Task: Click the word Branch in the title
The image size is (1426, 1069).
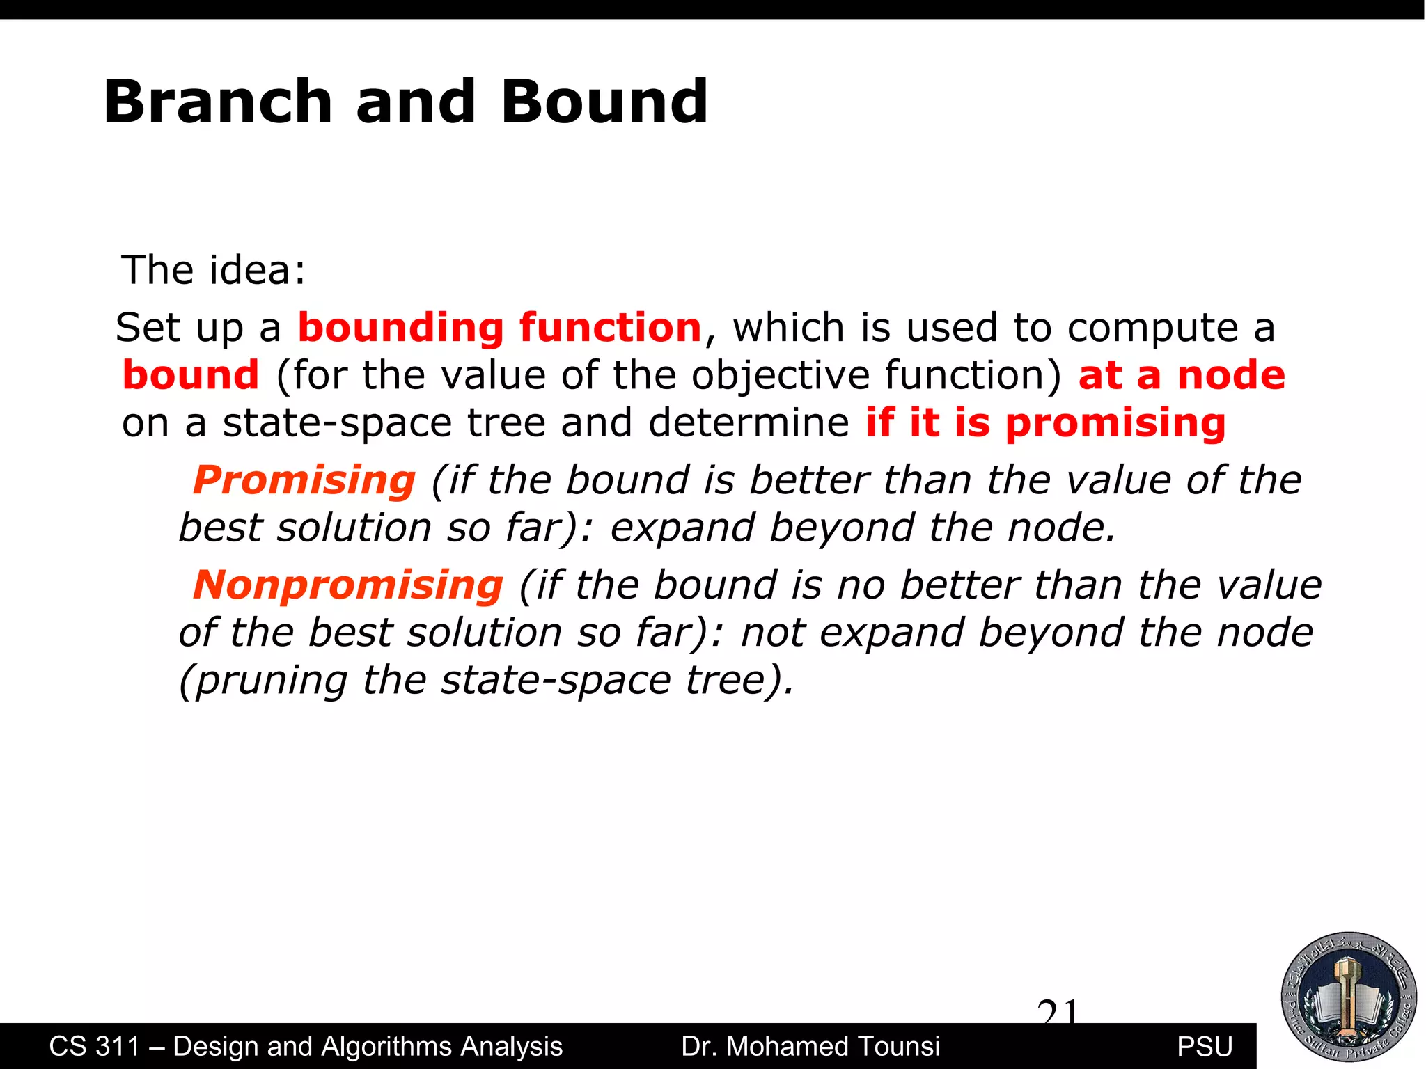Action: [x=217, y=102]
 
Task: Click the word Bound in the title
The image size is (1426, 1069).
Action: [x=604, y=102]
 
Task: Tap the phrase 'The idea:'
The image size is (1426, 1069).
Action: [x=213, y=270]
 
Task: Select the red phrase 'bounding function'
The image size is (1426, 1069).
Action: [x=499, y=328]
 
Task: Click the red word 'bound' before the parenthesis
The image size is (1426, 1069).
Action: [x=190, y=375]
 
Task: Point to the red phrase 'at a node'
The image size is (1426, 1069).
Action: [x=1181, y=375]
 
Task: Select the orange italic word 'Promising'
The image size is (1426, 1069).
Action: [x=304, y=480]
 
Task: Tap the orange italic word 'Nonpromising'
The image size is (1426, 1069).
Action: [x=347, y=585]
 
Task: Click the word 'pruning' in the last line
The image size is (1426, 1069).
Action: [x=272, y=680]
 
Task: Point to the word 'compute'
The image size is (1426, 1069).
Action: [x=1152, y=328]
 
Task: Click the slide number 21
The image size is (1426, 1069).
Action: [x=1057, y=1011]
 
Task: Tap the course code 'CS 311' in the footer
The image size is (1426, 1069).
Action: [x=94, y=1047]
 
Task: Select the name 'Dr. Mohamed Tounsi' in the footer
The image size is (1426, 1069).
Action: [x=810, y=1047]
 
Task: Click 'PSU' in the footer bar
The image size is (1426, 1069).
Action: [x=1205, y=1047]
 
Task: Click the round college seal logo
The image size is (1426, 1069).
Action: [x=1349, y=997]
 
